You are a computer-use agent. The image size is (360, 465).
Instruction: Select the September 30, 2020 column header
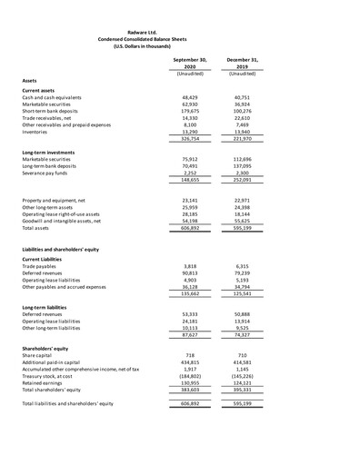click(190, 63)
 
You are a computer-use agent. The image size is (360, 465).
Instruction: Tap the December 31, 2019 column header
click(242, 63)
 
